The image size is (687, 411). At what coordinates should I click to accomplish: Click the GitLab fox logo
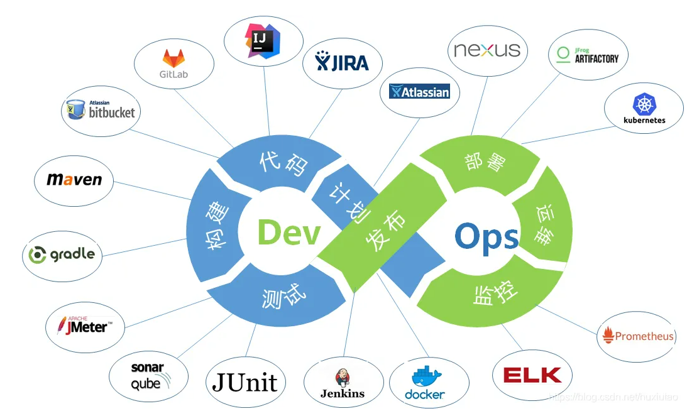[x=174, y=58]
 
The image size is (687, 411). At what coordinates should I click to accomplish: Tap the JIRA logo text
[x=342, y=62]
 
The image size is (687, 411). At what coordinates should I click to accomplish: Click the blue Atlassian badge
[x=420, y=92]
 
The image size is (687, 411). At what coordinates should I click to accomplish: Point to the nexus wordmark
[x=487, y=50]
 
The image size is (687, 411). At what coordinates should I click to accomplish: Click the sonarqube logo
[x=148, y=376]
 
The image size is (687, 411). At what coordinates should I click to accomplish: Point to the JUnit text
[x=245, y=382]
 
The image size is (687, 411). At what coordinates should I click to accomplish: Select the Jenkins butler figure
[x=343, y=377]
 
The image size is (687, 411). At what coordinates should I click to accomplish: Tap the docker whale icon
[x=427, y=377]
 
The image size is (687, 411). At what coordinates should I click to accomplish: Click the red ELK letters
[x=532, y=375]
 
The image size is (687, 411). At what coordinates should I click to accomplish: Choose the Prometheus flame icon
[x=608, y=336]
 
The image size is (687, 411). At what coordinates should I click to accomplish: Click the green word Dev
[x=289, y=233]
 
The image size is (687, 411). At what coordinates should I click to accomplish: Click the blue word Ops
[x=486, y=238]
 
